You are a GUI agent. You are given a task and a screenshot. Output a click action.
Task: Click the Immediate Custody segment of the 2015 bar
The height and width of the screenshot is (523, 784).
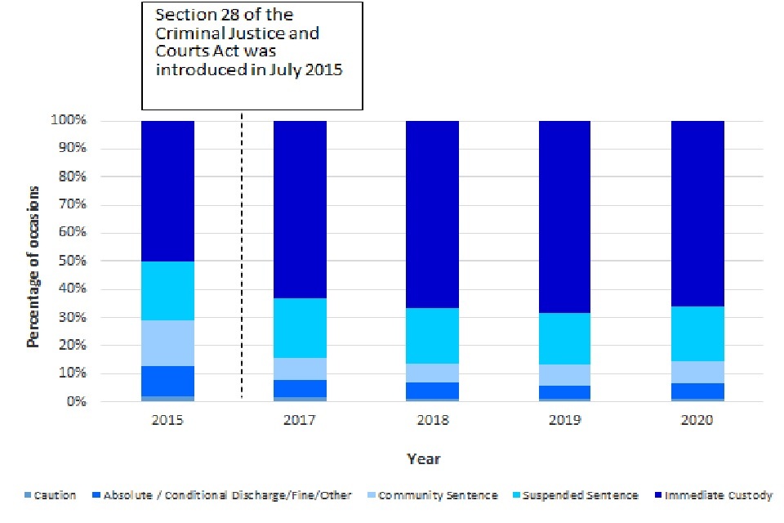coord(167,191)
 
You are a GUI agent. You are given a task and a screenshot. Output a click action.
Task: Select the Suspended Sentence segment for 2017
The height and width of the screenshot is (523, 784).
coord(300,328)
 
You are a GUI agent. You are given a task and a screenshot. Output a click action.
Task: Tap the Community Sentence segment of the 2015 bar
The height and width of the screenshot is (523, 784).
coord(167,343)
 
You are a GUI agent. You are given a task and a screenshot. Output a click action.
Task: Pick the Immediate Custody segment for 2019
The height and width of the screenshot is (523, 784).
coord(564,217)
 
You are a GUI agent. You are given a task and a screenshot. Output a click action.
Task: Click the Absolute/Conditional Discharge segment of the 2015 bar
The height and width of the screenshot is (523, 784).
coord(167,381)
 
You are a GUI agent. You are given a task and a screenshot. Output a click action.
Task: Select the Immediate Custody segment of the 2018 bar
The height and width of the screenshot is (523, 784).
coord(432,214)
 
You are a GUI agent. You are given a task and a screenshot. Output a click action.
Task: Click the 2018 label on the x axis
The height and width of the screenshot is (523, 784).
coord(432,420)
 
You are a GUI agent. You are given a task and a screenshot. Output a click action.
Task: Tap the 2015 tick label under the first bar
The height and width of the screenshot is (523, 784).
coord(167,420)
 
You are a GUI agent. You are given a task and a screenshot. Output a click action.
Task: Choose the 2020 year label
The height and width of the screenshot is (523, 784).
coord(697,420)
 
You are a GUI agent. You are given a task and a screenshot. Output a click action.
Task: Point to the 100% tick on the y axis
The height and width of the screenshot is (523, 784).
coord(69,121)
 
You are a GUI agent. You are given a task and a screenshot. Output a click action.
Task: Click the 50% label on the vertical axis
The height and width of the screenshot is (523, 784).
coord(73,261)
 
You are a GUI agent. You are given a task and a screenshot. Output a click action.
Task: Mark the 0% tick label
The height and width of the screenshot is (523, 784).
coord(76,402)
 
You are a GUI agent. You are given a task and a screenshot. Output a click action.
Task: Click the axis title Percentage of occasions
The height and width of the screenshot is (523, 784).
coord(33,266)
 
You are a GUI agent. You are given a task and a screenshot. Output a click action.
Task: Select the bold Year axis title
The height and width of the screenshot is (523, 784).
coord(424,458)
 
